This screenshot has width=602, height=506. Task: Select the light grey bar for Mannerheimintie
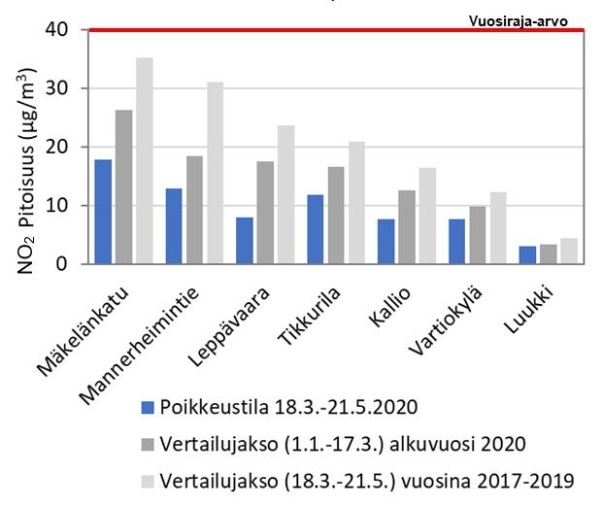(x=215, y=173)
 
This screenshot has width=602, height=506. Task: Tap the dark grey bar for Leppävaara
(x=265, y=213)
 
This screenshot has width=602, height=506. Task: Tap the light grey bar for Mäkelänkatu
(x=144, y=160)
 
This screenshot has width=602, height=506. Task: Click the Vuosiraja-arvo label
(x=518, y=20)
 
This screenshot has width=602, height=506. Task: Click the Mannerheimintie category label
(x=165, y=330)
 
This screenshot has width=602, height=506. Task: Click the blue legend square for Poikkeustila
(x=148, y=407)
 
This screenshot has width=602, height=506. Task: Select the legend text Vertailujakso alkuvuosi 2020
(x=343, y=444)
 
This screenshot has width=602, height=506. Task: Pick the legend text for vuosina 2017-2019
(x=367, y=481)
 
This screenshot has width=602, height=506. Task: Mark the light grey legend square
(x=148, y=481)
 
